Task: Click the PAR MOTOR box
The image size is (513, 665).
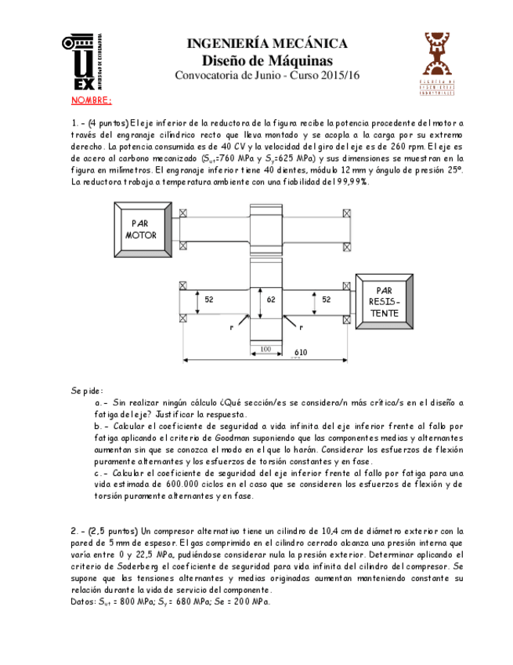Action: pyautogui.click(x=144, y=229)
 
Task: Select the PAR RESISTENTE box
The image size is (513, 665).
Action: pyautogui.click(x=384, y=302)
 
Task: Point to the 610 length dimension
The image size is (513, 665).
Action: pyautogui.click(x=301, y=352)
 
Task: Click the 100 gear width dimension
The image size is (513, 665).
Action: pyautogui.click(x=266, y=348)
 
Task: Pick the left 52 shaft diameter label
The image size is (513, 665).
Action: pyautogui.click(x=209, y=300)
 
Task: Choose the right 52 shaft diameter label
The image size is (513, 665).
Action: pyautogui.click(x=326, y=300)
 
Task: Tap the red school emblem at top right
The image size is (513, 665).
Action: pyautogui.click(x=438, y=62)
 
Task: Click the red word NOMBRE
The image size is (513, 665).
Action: pyautogui.click(x=92, y=101)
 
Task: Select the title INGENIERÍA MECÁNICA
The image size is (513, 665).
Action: pyautogui.click(x=267, y=44)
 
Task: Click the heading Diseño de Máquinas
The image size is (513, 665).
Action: pyautogui.click(x=267, y=60)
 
